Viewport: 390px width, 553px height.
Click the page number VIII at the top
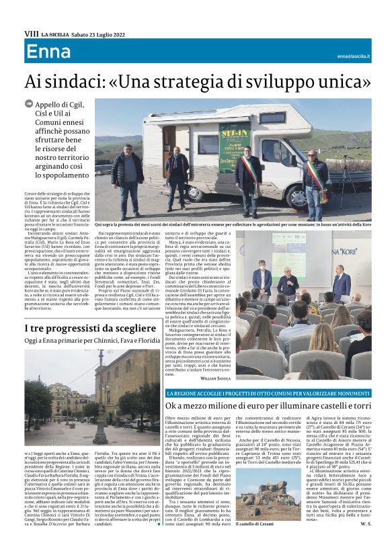pyautogui.click(x=30, y=33)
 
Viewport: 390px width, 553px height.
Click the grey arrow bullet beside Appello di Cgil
pyautogui.click(x=29, y=103)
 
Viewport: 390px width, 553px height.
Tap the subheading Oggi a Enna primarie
pyautogui.click(x=91, y=341)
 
